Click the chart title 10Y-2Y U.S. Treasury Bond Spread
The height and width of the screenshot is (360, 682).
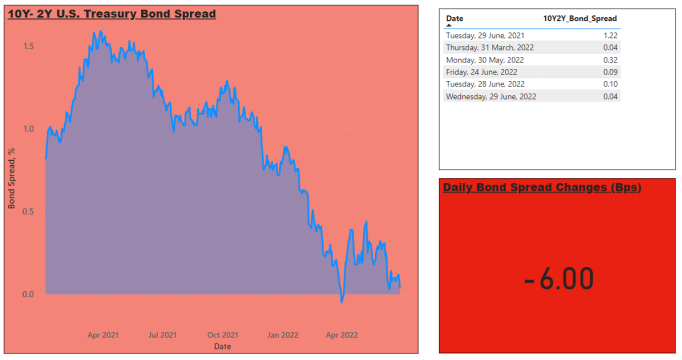click(112, 14)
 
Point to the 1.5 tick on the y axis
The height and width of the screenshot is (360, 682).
click(29, 47)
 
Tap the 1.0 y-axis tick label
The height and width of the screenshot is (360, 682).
click(29, 129)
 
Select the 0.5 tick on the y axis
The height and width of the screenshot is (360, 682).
click(29, 212)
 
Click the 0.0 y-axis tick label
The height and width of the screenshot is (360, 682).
click(29, 294)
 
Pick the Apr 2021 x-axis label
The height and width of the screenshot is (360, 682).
click(103, 335)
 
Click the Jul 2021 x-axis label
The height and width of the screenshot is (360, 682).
click(163, 335)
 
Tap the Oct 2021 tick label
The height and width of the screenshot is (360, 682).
click(223, 335)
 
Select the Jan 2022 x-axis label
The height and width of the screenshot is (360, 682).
click(283, 335)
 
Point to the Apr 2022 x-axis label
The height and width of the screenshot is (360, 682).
click(342, 335)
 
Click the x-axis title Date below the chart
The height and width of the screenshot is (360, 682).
click(223, 347)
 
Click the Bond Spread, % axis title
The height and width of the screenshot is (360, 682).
click(11, 178)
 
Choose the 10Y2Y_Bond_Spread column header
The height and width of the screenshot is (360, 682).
click(580, 19)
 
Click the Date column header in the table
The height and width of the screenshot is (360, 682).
click(455, 19)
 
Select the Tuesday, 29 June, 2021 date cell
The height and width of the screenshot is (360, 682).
click(485, 36)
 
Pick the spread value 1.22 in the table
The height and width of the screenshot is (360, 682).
click(610, 36)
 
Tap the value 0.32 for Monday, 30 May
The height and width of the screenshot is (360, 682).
click(610, 60)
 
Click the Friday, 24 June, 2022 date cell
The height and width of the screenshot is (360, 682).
click(482, 72)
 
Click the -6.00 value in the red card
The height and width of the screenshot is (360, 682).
click(559, 279)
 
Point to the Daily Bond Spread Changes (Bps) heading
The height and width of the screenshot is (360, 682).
click(542, 188)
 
